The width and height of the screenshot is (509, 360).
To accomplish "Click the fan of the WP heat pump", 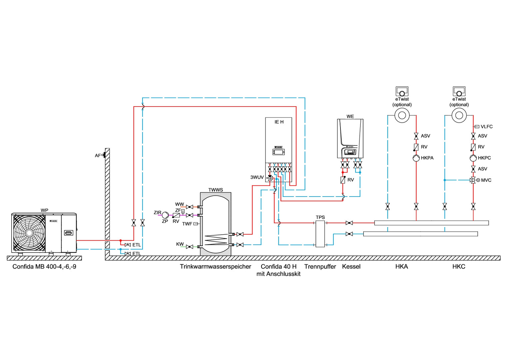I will (x=29, y=233).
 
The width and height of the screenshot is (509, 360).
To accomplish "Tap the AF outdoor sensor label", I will (x=98, y=156).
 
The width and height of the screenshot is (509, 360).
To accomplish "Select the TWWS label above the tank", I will (x=216, y=190).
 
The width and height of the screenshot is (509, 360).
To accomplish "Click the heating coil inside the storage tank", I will (x=216, y=239).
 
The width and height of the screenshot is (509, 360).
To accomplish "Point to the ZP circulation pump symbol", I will (x=165, y=215).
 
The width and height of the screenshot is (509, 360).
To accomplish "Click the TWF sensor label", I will (x=187, y=224).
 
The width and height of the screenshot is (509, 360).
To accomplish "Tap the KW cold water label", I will (x=180, y=244).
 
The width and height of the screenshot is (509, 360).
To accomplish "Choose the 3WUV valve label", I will (x=257, y=177).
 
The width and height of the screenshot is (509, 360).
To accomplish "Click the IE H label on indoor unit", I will (x=279, y=122).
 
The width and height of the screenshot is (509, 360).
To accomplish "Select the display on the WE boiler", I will (x=350, y=152).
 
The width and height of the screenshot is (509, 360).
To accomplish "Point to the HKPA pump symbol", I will (x=416, y=158).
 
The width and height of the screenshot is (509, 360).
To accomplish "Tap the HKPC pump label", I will (x=484, y=158).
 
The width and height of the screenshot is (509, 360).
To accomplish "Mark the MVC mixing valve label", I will (x=486, y=180).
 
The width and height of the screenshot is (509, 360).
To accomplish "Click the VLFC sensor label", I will (x=486, y=127).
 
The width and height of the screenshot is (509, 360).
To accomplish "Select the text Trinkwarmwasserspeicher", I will (x=216, y=267).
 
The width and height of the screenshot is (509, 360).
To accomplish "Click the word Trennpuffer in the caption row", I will (x=320, y=267).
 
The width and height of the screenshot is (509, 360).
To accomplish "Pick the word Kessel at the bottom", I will (x=351, y=267).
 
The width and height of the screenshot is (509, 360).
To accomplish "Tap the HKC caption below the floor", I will (x=459, y=267).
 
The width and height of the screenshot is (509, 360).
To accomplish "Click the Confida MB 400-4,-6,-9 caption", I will (x=44, y=267).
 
